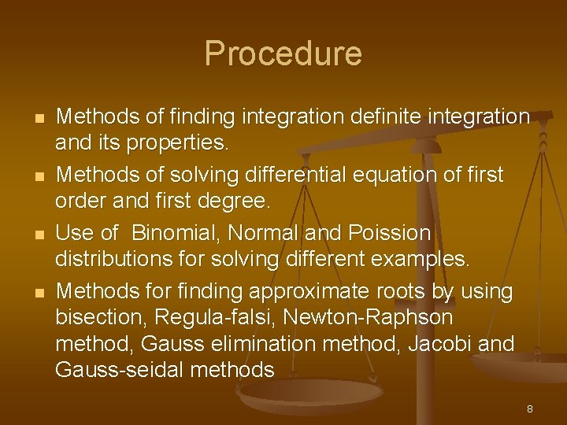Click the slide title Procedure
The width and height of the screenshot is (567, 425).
pos(283,54)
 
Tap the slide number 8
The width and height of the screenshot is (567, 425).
pos(530,408)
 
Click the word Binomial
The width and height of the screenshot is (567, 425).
pos(175,234)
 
